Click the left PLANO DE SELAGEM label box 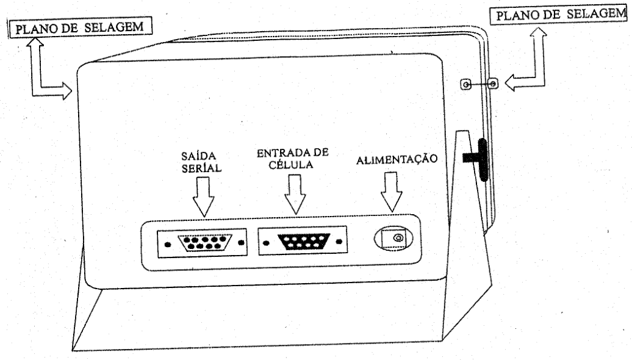click(80, 27)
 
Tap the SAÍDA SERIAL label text click(201, 162)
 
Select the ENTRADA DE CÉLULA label click(293, 159)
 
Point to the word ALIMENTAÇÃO click(397, 159)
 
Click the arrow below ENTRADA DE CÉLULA click(295, 194)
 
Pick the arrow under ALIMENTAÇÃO click(392, 192)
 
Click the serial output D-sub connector click(205, 243)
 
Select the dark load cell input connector click(304, 242)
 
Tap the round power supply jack click(393, 239)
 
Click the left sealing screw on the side click(466, 85)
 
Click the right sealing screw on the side click(492, 84)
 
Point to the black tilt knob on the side click(479, 159)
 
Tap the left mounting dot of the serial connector click(168, 245)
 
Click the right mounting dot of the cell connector click(339, 242)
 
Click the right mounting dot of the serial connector click(242, 243)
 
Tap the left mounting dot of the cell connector click(266, 243)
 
